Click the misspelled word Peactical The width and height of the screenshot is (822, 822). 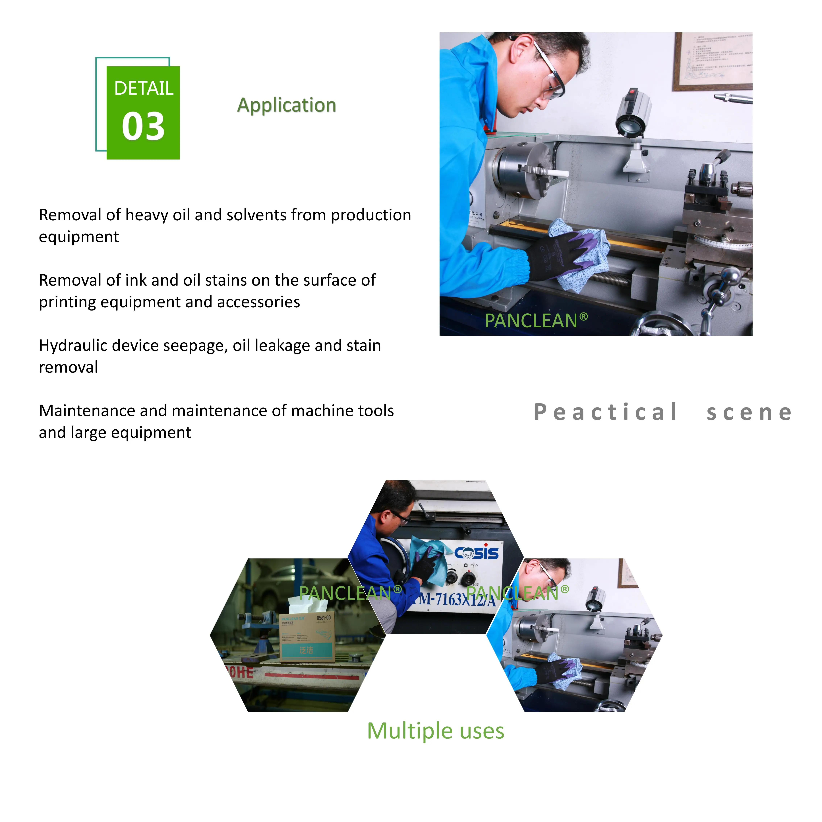[x=605, y=412]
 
